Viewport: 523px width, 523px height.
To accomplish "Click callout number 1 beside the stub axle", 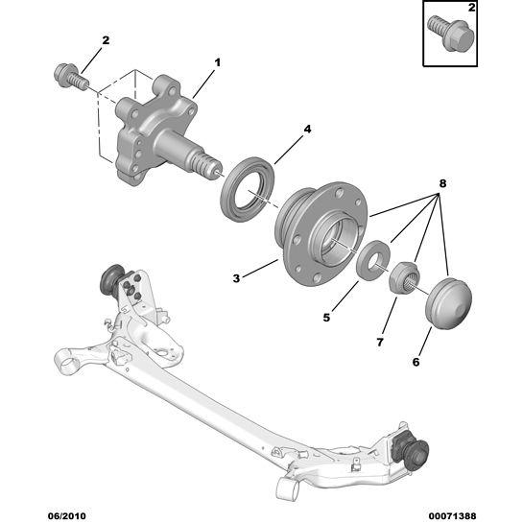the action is [x=217, y=62].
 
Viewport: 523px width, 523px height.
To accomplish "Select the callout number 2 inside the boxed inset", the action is [x=471, y=8].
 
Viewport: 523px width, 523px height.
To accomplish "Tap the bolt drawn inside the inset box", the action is [x=451, y=33].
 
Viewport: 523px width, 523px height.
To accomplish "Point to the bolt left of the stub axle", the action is [x=71, y=76].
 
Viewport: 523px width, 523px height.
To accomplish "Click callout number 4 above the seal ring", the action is [x=307, y=129].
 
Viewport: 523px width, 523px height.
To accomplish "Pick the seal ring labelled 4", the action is [x=248, y=188].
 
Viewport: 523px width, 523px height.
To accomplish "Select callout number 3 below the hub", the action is [x=236, y=278].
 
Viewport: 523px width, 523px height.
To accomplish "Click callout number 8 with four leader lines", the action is [x=442, y=183].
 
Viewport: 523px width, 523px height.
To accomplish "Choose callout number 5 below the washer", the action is [x=326, y=318].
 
